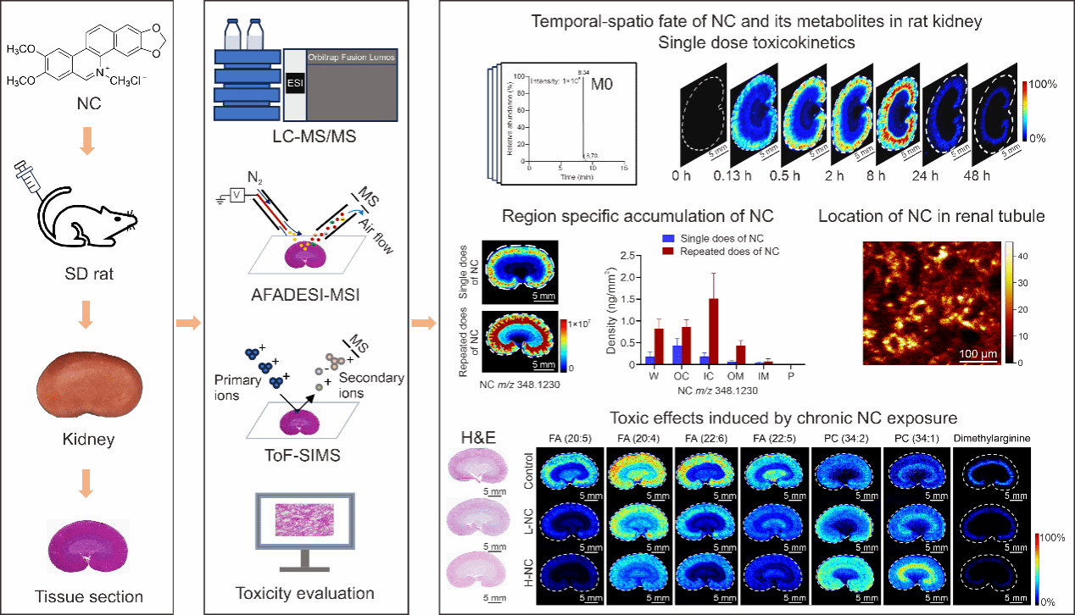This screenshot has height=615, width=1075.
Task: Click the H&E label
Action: pos(476,437)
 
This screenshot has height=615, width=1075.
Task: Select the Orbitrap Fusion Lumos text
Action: pos(351,58)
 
